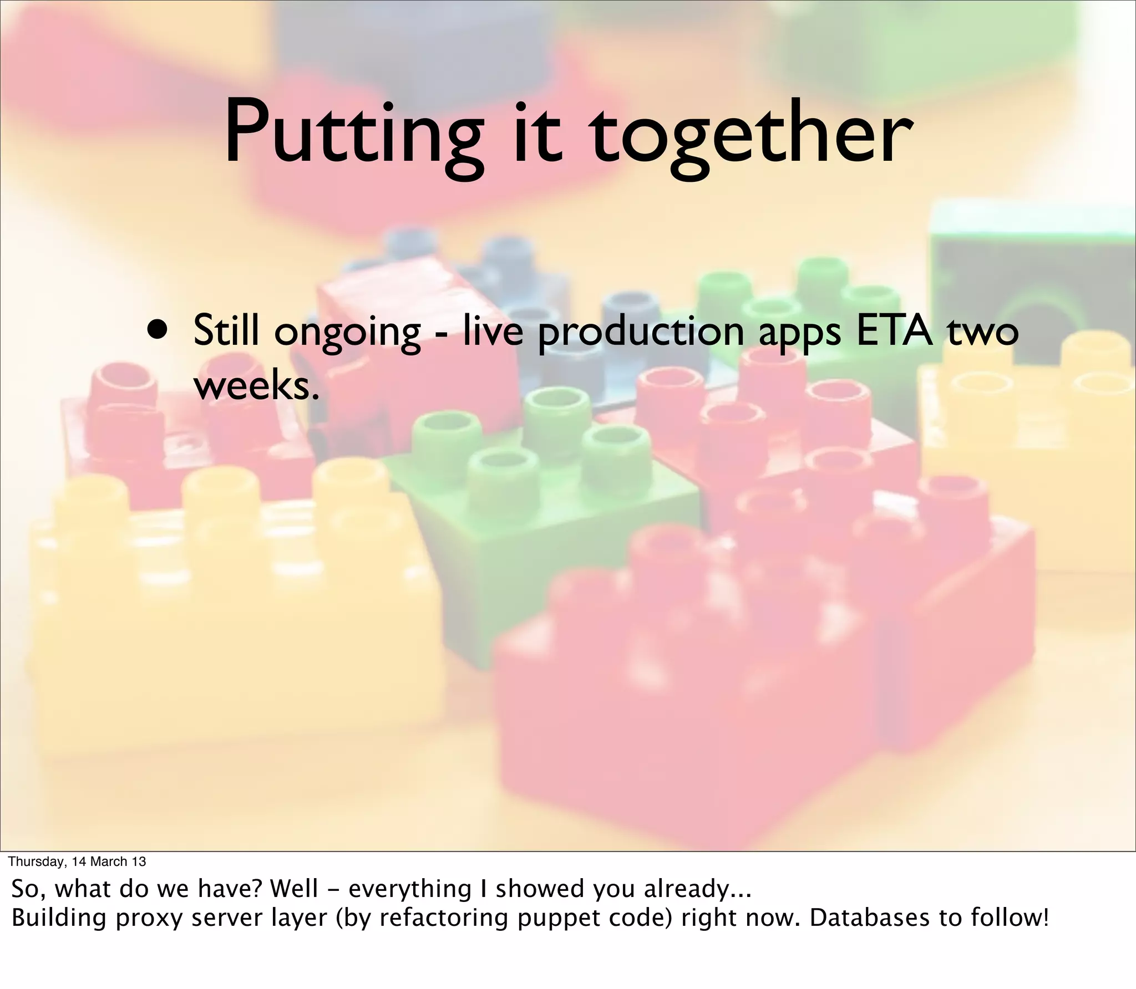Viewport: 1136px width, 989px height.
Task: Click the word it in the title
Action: tap(534, 133)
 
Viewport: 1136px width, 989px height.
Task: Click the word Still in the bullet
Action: tap(226, 330)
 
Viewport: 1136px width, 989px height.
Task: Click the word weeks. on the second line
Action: tap(257, 386)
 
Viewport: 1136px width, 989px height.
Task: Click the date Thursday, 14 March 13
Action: tap(78, 861)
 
